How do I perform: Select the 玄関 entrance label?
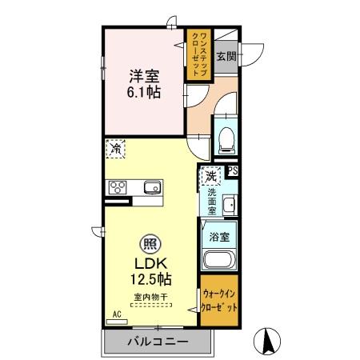point(227,57)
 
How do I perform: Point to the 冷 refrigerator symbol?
point(116,148)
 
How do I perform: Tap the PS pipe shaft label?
point(233,171)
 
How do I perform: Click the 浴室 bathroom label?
point(219,238)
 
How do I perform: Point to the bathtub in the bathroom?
point(218,261)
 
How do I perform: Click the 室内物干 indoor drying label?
point(150,298)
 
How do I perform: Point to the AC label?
point(115,314)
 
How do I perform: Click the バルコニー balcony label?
point(158,342)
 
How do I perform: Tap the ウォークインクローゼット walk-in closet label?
point(219,301)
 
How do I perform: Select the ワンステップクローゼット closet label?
point(198,53)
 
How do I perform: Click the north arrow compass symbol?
point(270,342)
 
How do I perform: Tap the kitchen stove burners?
point(118,188)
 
